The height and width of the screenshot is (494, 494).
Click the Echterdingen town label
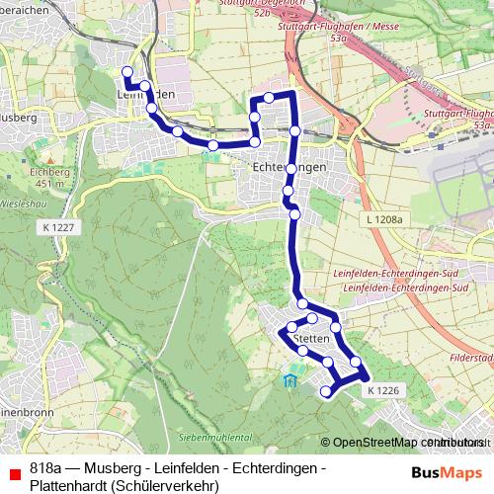289,168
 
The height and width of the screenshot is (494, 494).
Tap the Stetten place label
311,338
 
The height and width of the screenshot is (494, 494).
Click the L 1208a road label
383,218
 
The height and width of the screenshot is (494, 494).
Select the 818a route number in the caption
47,466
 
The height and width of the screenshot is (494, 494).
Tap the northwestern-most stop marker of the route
125,71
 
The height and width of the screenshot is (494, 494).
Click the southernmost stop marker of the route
327,392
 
